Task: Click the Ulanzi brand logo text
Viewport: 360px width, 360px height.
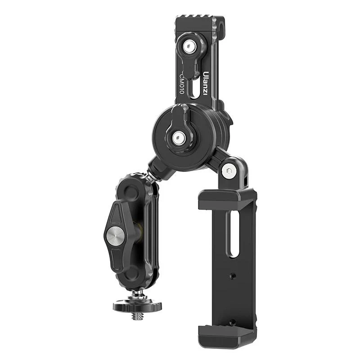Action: point(205,83)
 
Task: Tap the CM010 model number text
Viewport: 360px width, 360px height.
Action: point(182,83)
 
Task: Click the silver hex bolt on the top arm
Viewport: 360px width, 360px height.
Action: point(189,47)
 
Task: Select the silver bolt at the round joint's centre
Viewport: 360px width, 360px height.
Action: point(179,139)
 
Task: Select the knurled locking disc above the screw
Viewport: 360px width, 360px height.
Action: point(137,306)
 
